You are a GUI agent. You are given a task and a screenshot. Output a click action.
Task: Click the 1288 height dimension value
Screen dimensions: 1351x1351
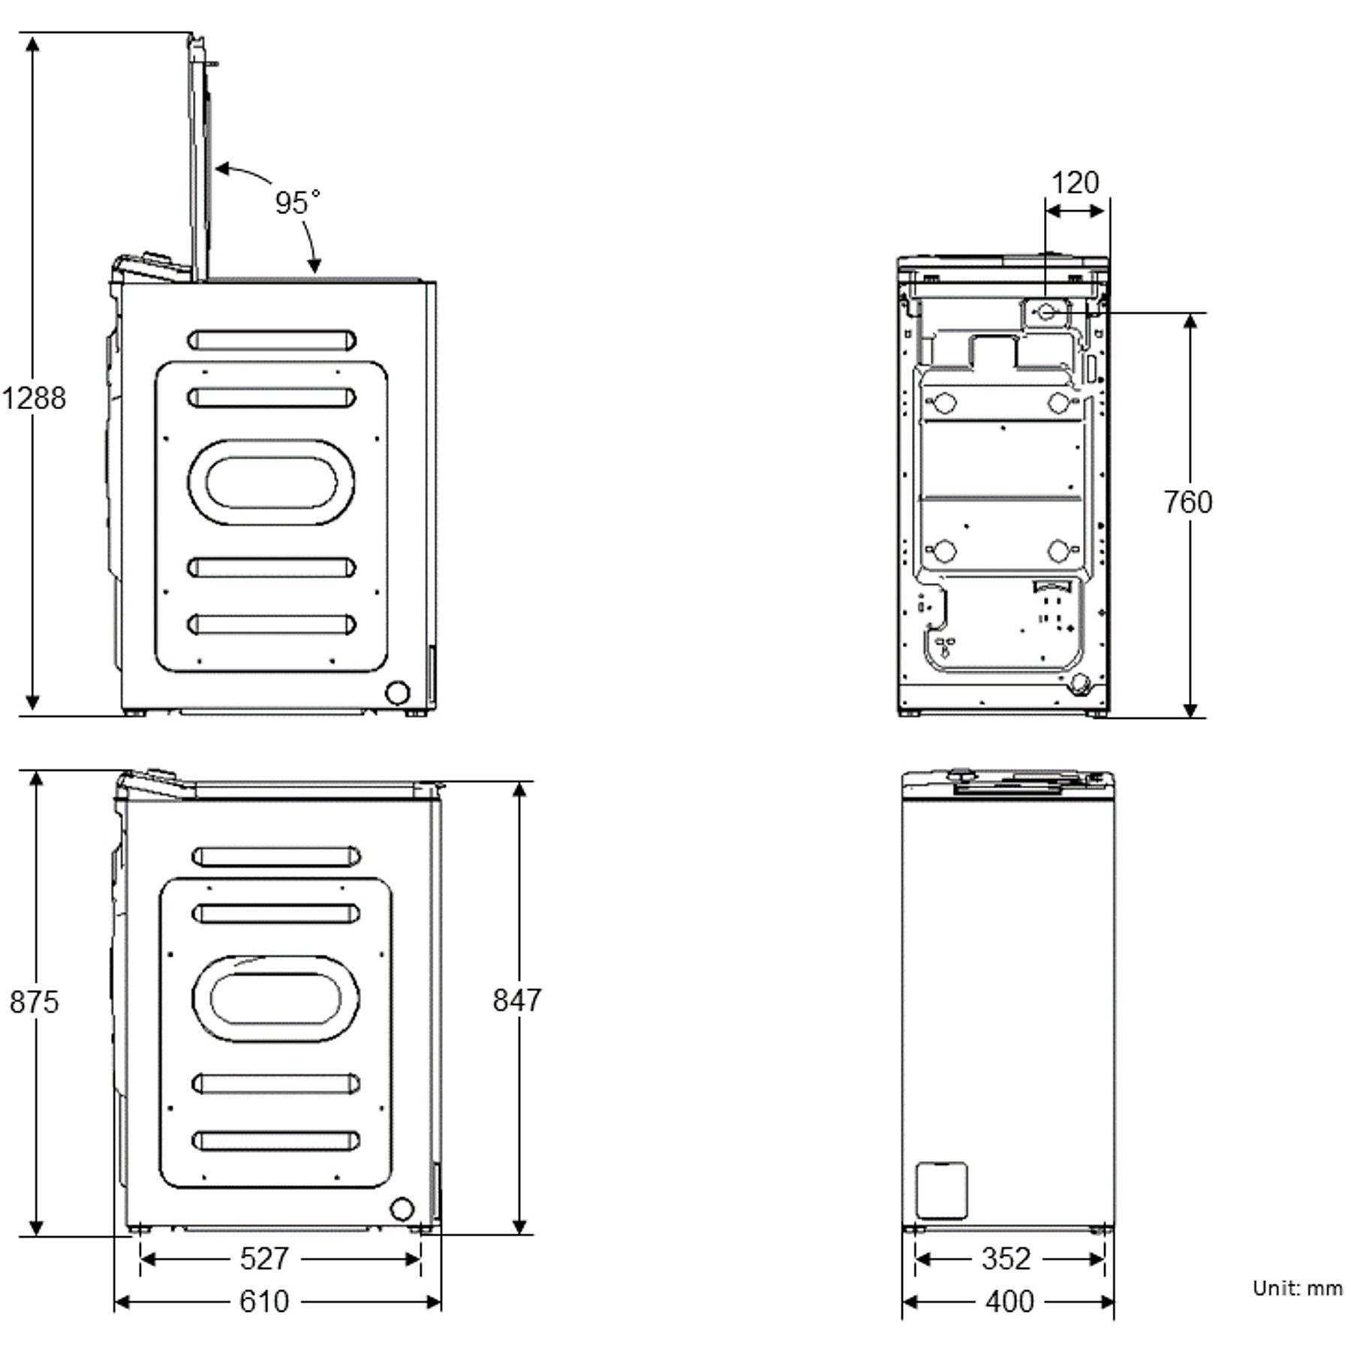click(x=34, y=398)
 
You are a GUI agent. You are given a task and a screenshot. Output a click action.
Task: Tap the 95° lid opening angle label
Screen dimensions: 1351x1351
click(x=297, y=203)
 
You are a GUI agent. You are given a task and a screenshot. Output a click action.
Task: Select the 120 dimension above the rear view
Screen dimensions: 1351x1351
click(x=1075, y=182)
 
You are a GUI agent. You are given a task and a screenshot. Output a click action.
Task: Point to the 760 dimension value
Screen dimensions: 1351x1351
click(x=1188, y=502)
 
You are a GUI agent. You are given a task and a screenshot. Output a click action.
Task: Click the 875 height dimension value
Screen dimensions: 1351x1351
click(x=34, y=1002)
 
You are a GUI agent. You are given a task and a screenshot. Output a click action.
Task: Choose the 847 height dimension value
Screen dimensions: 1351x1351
click(x=517, y=1000)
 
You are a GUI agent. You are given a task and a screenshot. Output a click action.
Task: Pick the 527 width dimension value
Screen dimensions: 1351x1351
click(x=264, y=1259)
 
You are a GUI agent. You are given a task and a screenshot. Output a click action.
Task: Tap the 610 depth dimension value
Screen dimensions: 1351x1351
click(x=264, y=1301)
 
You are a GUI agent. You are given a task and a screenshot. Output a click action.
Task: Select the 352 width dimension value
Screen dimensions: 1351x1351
click(x=1006, y=1259)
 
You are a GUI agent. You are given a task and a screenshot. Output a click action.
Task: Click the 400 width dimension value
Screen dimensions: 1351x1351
click(x=1009, y=1301)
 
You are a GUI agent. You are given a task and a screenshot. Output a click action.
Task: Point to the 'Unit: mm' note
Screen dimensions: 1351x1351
click(x=1297, y=1289)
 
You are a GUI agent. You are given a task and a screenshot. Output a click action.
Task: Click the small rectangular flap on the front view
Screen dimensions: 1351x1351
click(x=942, y=1190)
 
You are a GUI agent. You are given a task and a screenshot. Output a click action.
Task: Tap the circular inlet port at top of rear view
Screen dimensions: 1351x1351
click(x=1046, y=311)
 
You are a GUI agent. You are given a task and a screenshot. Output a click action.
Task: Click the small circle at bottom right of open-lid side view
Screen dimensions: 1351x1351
click(x=397, y=693)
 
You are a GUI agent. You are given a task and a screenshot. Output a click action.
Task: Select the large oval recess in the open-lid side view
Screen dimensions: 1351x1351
click(x=271, y=483)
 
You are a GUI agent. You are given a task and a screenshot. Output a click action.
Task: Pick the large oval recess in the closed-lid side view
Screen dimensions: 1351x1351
click(x=275, y=998)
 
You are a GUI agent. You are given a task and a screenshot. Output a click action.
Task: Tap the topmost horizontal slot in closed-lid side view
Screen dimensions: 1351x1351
click(x=275, y=856)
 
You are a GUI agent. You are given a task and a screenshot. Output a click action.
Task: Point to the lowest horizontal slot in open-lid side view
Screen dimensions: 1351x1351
click(x=271, y=624)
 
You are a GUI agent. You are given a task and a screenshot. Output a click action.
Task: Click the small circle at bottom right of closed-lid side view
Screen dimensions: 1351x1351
click(x=402, y=1209)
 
